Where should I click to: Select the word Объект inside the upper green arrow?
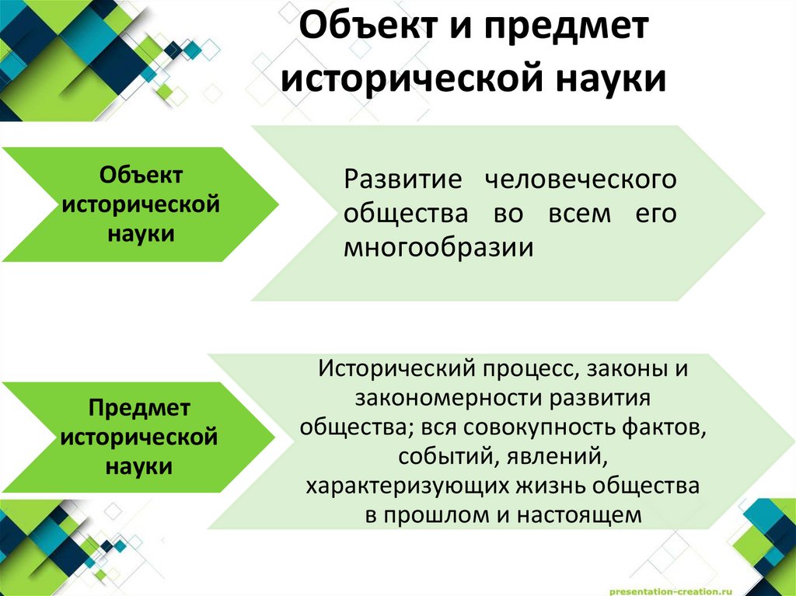pos(141,176)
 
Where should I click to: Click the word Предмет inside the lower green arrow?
pos(139,408)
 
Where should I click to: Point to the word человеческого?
pos(580,180)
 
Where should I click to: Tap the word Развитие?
pos(403,180)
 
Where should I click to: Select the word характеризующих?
pos(406,486)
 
